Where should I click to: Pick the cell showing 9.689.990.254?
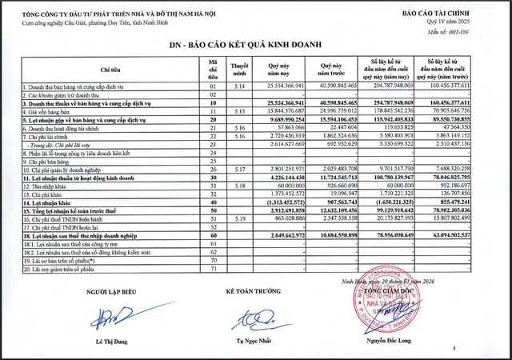284,118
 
